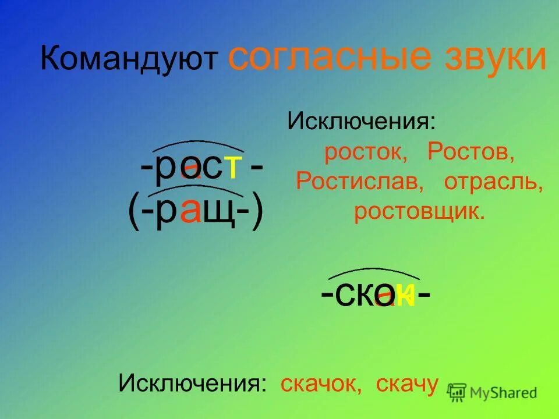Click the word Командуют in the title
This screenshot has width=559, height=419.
point(129,59)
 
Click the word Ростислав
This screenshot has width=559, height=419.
point(360,182)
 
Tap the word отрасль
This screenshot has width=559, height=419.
point(494,182)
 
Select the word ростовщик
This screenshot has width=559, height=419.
point(419,212)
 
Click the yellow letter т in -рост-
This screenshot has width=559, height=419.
point(233,168)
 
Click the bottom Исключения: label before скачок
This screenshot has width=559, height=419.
point(193,384)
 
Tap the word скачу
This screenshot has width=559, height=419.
point(407,384)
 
